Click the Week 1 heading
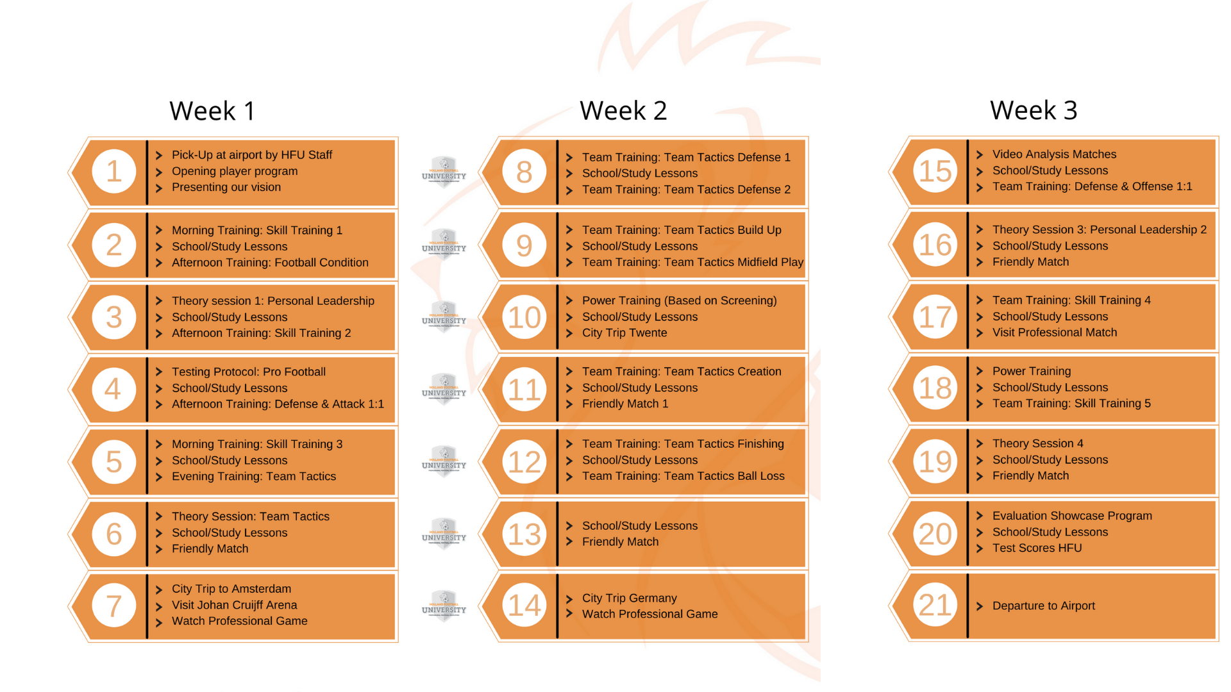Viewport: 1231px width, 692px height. pos(212,111)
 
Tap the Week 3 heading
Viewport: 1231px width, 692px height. pos(1033,110)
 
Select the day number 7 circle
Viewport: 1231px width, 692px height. pos(113,605)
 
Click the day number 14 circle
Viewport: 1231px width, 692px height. pos(524,605)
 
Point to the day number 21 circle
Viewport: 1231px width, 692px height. pos(935,605)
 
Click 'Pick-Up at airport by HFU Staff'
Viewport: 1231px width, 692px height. pos(251,155)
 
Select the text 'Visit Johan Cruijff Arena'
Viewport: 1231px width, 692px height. pos(234,605)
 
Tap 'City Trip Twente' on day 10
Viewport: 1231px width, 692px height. pos(624,333)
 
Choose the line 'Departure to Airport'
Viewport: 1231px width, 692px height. pos(1043,605)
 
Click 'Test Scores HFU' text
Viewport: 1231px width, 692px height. pos(1037,548)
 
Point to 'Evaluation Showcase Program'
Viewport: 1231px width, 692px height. pos(1072,516)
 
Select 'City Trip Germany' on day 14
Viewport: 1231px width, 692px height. pos(629,598)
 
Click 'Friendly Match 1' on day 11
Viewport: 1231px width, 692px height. pos(624,404)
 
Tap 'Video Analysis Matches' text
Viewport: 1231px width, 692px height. pos(1054,154)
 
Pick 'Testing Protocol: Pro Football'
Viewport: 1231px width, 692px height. pos(248,372)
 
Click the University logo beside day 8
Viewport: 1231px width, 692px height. pos(444,172)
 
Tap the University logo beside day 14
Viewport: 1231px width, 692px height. pos(444,605)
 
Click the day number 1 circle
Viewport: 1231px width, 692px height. pos(113,171)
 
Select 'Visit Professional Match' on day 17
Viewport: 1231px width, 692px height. pos(1054,332)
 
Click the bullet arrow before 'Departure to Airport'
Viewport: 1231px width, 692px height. pos(979,606)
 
